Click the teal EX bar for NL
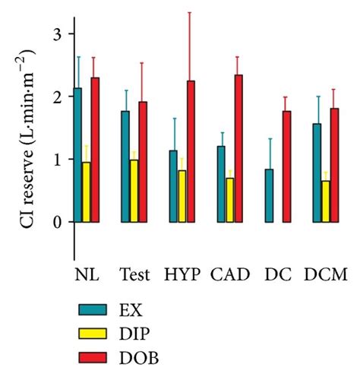tap(78, 155)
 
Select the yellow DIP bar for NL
tap(86, 192)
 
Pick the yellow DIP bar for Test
tap(134, 191)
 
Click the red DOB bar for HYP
tap(191, 151)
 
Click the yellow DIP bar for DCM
tap(325, 201)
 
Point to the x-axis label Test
tap(134, 273)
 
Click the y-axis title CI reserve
tap(30, 152)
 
